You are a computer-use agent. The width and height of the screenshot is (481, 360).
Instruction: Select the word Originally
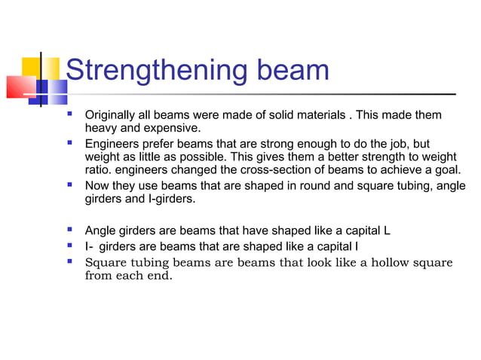pos(111,115)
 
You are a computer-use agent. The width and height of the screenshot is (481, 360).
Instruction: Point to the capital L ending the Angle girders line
pos(386,230)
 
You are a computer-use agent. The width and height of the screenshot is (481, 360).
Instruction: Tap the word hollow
pos(381,262)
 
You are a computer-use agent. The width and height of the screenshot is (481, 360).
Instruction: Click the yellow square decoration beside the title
pos(31,69)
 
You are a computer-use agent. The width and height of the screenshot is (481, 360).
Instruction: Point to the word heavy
pos(101,128)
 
